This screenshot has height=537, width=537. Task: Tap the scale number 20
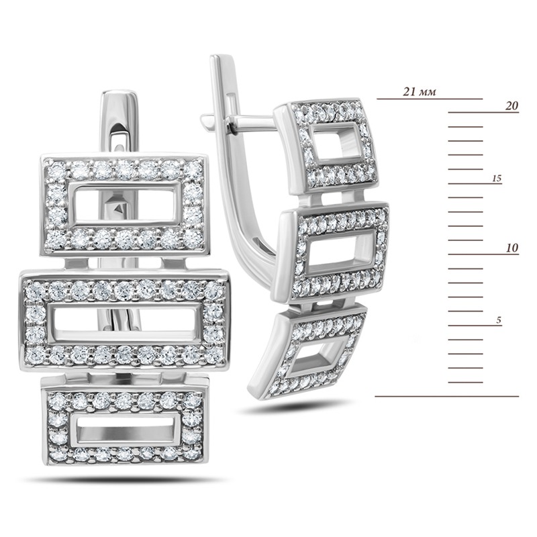coord(511,106)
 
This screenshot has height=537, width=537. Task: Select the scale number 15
coord(497,178)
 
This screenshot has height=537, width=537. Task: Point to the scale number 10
coord(512,248)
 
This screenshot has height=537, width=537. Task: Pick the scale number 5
coord(499,320)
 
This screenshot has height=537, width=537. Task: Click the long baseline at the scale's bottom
coord(447,396)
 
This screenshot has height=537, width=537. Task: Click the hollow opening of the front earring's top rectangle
coord(125,204)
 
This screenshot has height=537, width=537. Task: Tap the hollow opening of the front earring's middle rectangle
coord(124,322)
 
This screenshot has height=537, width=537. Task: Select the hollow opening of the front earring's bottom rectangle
coord(125,433)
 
